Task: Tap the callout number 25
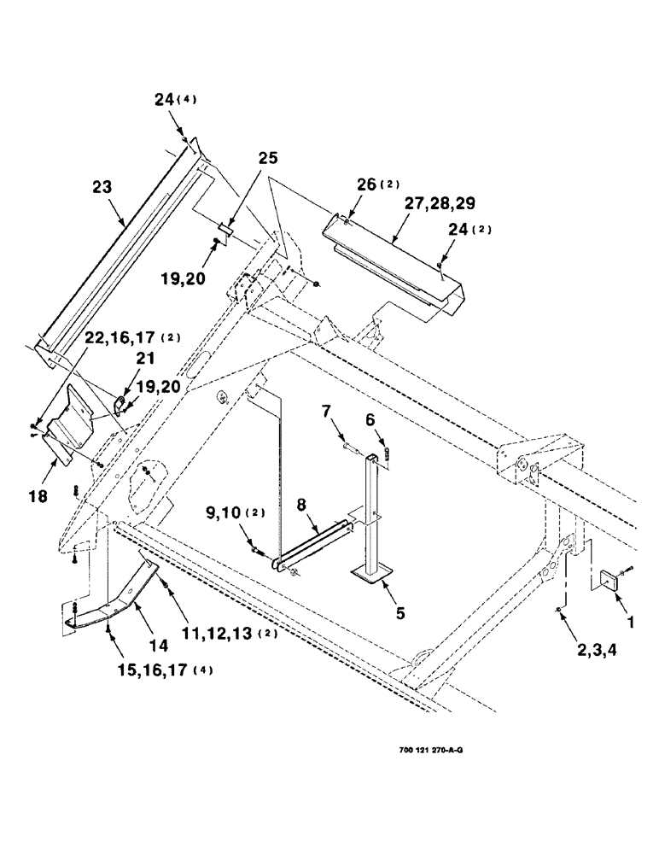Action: coord(268,160)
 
